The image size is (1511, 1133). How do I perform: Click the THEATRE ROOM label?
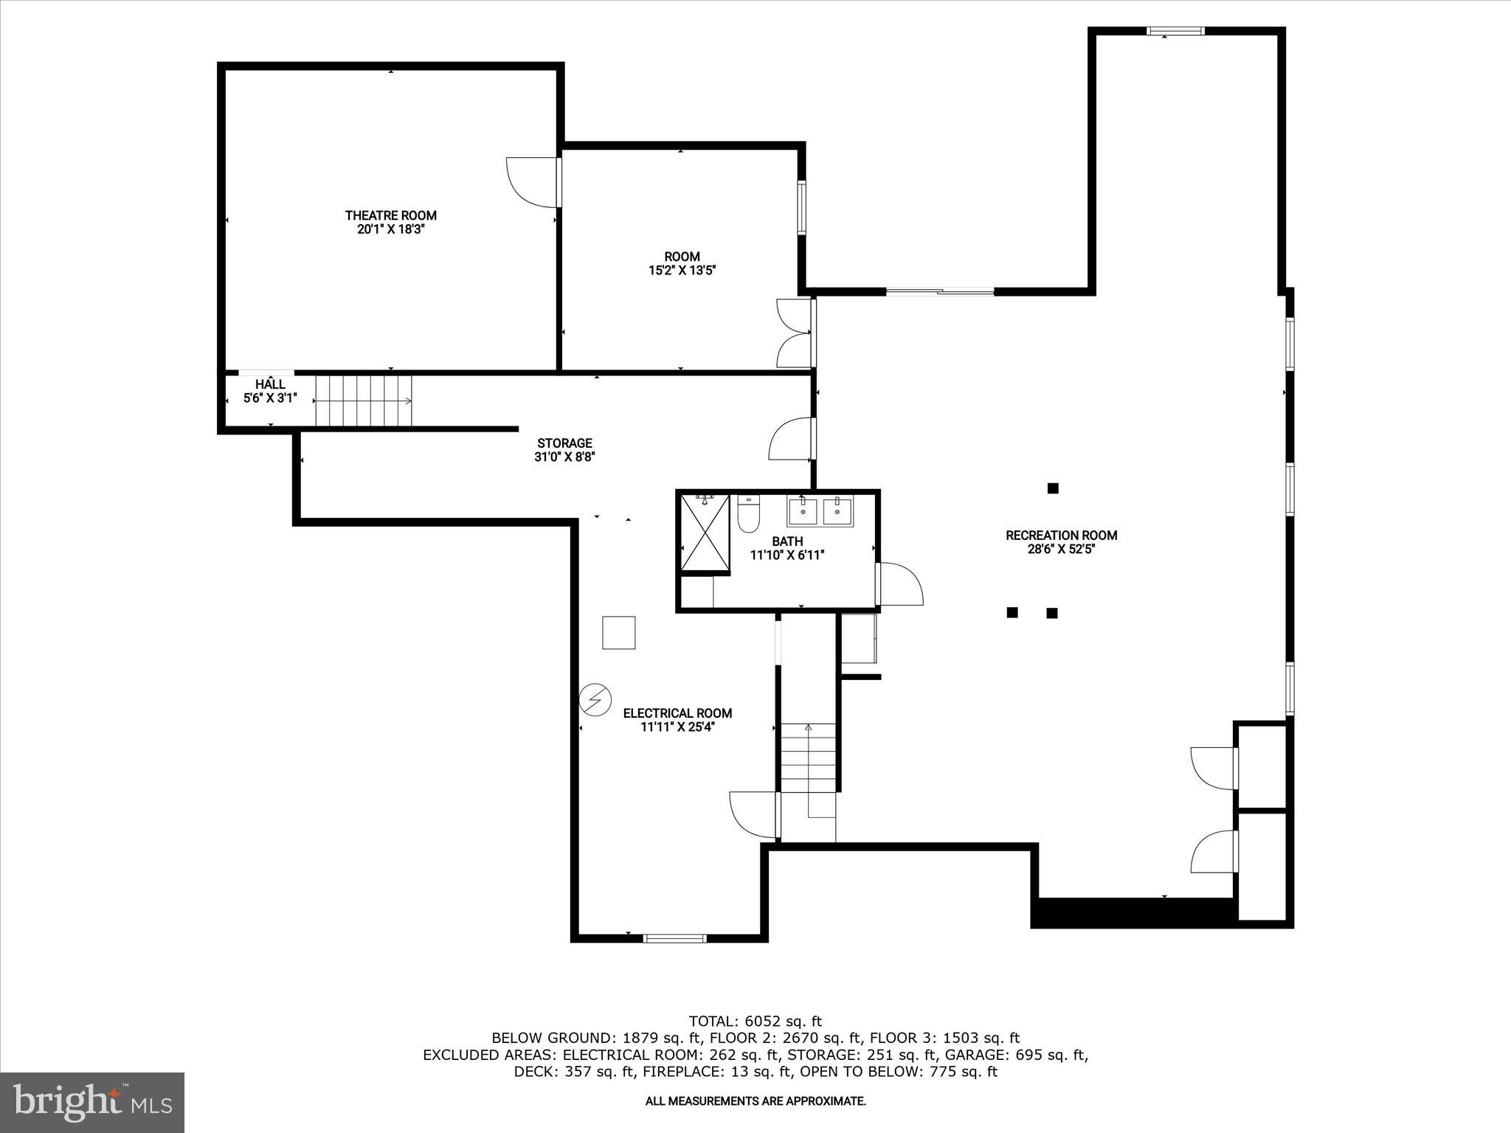click(x=390, y=215)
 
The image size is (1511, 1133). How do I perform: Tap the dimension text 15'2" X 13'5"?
click(x=682, y=271)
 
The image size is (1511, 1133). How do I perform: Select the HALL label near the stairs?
click(x=270, y=384)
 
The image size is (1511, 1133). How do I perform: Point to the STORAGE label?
click(x=564, y=443)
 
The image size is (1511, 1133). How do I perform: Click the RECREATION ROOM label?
click(x=1061, y=536)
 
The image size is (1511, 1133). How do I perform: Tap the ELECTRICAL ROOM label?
click(x=677, y=713)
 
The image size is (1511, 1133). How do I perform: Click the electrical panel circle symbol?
click(x=595, y=699)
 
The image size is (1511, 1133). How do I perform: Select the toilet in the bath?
click(x=748, y=514)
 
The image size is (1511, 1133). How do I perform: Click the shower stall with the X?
click(x=705, y=533)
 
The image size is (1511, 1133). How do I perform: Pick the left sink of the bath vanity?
click(x=803, y=511)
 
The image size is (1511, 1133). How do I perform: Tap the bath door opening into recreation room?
click(x=900, y=585)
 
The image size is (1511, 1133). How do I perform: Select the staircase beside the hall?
click(x=363, y=401)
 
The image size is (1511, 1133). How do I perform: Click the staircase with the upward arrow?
click(x=808, y=760)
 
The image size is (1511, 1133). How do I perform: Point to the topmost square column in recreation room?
click(x=1053, y=488)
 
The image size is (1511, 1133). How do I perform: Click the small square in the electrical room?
click(x=618, y=632)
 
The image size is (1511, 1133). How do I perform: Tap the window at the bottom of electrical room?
click(x=674, y=938)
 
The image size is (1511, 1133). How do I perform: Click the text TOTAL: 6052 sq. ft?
click(x=755, y=1021)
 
